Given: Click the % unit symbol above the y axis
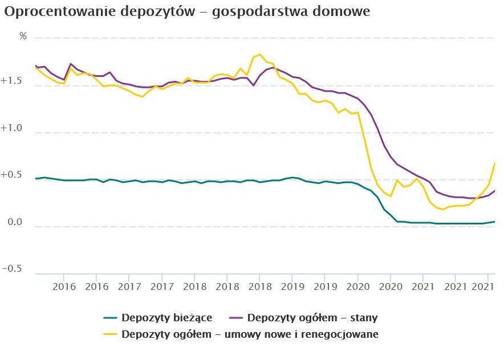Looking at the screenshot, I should (x=23, y=36).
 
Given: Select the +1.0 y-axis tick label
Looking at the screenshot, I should (x=13, y=129).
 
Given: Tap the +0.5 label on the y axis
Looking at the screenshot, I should (x=13, y=175).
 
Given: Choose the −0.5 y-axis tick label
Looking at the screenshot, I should (x=13, y=269).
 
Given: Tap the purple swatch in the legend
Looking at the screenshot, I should (x=237, y=317).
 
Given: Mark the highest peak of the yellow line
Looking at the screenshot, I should (x=260, y=54).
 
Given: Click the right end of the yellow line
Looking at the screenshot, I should (x=494, y=163).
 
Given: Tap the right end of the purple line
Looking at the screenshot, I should (x=494, y=191).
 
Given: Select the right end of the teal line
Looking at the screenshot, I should (x=494, y=222).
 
